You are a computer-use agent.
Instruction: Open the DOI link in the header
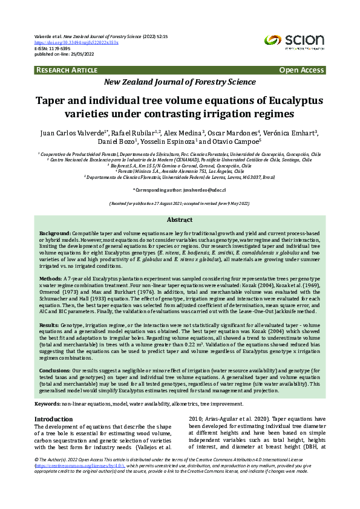(x=76, y=43)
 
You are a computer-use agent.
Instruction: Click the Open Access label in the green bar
(x=301, y=71)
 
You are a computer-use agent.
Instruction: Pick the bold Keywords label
(x=47, y=403)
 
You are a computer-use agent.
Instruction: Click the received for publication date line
(x=180, y=204)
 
